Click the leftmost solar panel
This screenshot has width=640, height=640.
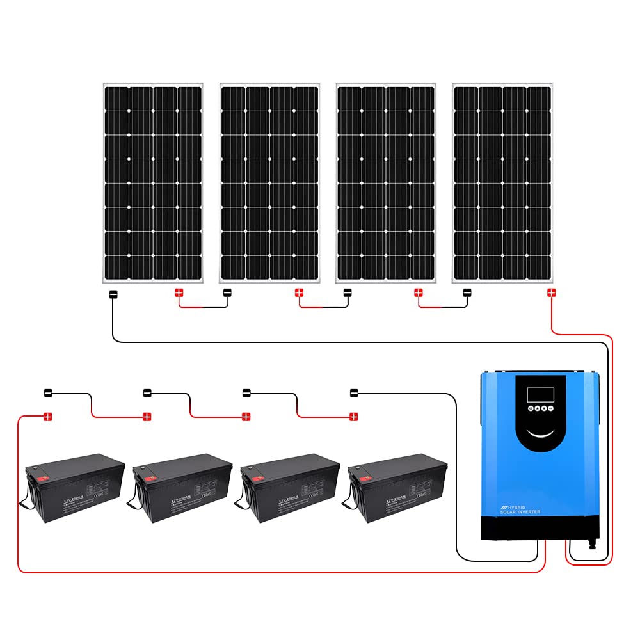point(153,182)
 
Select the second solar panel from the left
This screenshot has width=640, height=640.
point(269,182)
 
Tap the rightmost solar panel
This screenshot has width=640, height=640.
point(502,182)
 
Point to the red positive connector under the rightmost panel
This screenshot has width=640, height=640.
point(551,293)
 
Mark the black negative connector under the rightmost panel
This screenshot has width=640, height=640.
point(468,293)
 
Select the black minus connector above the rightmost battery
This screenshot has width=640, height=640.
point(354,392)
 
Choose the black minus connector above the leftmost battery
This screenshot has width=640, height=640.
point(47,392)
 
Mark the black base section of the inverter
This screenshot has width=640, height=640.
point(540,528)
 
